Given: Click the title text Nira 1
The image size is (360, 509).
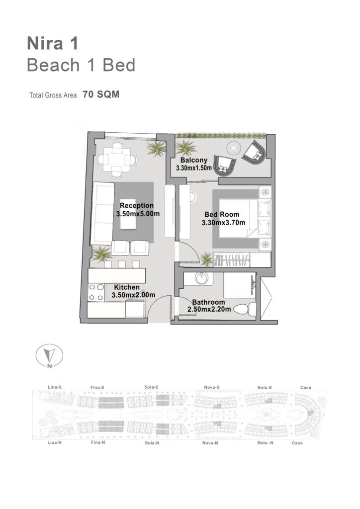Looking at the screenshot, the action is click(53, 44).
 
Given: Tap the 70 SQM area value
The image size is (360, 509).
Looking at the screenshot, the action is click(101, 94).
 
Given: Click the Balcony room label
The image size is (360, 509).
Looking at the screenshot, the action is click(194, 160).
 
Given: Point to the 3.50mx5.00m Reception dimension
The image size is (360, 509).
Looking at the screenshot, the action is click(138, 214).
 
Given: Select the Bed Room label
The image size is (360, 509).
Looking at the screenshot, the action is click(222, 214).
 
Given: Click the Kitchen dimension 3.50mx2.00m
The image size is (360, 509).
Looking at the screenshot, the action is click(133, 295).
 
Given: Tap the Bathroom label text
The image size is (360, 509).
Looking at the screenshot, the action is click(208, 302).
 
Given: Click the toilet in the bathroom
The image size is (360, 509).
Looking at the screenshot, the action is click(245, 309).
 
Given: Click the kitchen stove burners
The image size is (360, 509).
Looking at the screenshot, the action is click(96, 292).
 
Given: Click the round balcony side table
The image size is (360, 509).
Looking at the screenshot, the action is click(233, 148).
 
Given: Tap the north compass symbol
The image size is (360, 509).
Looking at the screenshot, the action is click(49, 356).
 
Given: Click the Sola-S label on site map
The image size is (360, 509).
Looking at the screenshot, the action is click(151, 387).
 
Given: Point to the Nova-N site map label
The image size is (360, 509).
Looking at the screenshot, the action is click(210, 443).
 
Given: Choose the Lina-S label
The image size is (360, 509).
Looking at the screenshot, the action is click(55, 387).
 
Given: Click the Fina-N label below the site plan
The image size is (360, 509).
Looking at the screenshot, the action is click(98, 442).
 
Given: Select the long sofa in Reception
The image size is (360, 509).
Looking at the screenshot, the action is click(102, 213).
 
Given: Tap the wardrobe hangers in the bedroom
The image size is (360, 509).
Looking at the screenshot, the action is click(232, 260).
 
